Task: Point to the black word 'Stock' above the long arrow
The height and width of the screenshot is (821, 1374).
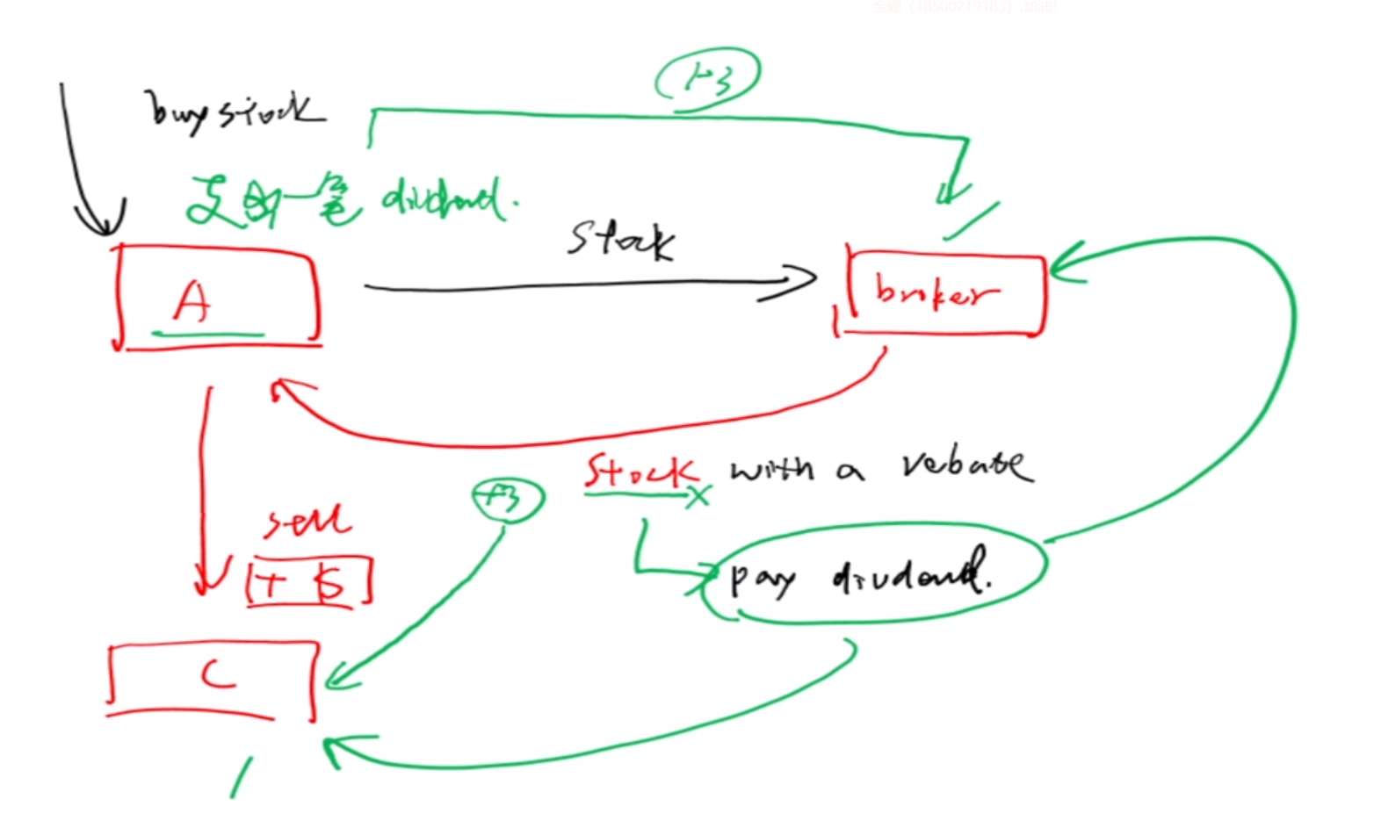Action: tap(622, 239)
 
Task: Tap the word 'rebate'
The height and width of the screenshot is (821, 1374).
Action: tap(965, 465)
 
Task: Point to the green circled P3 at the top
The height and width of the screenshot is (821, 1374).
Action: tap(707, 79)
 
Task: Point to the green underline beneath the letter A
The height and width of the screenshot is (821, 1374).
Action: tap(207, 334)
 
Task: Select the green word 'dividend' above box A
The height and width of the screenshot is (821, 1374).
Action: tap(448, 202)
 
